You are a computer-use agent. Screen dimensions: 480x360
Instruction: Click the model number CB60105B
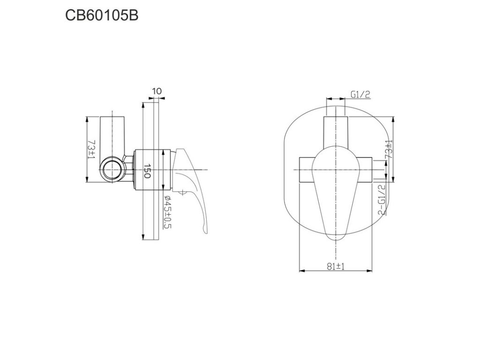tap(102, 15)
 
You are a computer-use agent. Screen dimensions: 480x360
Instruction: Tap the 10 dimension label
tap(157, 91)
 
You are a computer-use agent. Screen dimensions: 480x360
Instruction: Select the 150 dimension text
tap(147, 172)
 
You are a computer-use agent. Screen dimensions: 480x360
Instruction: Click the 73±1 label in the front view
tap(389, 149)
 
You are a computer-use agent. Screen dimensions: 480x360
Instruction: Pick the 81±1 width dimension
tap(336, 267)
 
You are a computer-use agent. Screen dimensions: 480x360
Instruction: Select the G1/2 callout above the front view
tap(360, 95)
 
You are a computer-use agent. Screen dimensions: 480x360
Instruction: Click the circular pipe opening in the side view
tap(112, 170)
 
